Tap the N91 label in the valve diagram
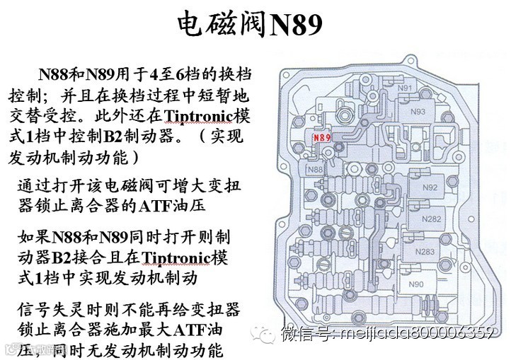[406, 88]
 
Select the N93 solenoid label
[418, 111]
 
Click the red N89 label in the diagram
[322, 137]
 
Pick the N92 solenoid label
[429, 187]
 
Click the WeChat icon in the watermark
[268, 333]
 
